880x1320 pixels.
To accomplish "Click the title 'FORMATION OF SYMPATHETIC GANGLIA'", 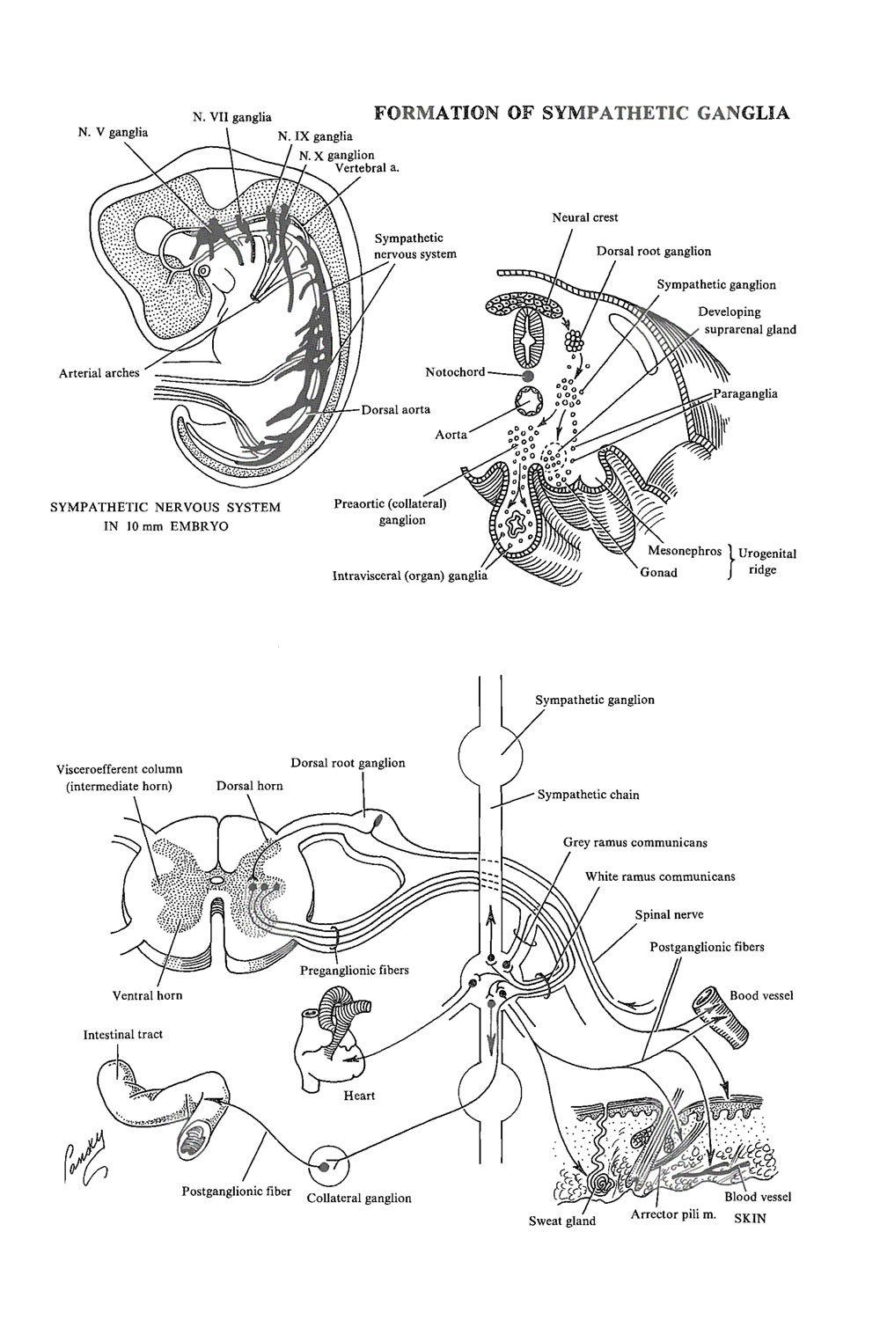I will click(582, 114).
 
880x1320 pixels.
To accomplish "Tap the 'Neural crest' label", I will click(584, 217).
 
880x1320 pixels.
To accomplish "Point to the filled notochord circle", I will click(528, 375).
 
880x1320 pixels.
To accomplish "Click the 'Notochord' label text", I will click(454, 372).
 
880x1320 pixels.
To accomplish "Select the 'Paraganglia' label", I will click(745, 393).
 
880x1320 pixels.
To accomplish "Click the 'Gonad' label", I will click(658, 572).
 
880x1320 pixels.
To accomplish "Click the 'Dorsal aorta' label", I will click(397, 410).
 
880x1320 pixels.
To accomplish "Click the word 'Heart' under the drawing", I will click(359, 1096).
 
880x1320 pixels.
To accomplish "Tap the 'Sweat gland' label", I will click(561, 1221).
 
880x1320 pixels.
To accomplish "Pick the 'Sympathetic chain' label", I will click(589, 795).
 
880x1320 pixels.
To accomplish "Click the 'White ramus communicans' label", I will click(660, 876).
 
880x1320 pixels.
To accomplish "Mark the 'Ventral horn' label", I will click(147, 996).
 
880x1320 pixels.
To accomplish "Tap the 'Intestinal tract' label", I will click(123, 1034).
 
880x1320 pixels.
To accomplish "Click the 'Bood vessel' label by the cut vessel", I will click(761, 995).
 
